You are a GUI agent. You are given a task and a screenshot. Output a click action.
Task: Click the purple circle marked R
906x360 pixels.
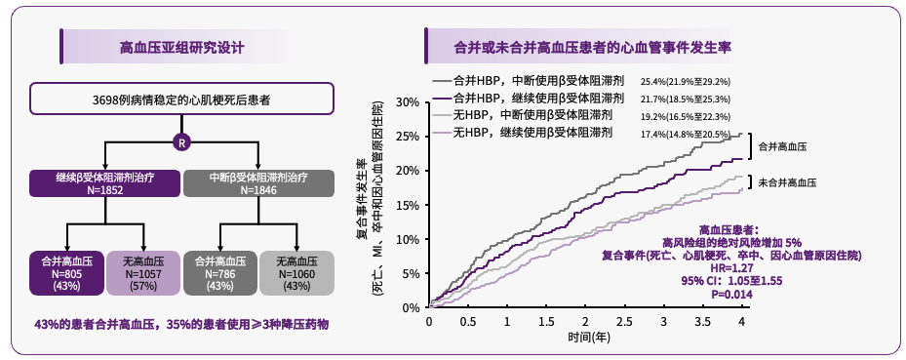180,141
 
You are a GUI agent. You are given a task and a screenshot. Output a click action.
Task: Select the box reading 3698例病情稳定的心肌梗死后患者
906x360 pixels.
181,100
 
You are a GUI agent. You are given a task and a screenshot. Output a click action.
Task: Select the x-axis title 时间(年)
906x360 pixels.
585,338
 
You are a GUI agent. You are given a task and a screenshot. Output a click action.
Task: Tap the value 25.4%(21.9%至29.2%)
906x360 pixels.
686,82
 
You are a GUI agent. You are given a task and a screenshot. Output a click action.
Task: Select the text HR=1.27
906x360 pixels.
730,266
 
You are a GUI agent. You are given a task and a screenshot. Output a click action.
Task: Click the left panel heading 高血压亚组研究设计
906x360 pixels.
181,47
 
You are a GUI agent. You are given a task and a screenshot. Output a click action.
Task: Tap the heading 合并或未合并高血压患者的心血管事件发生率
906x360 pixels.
593,47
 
